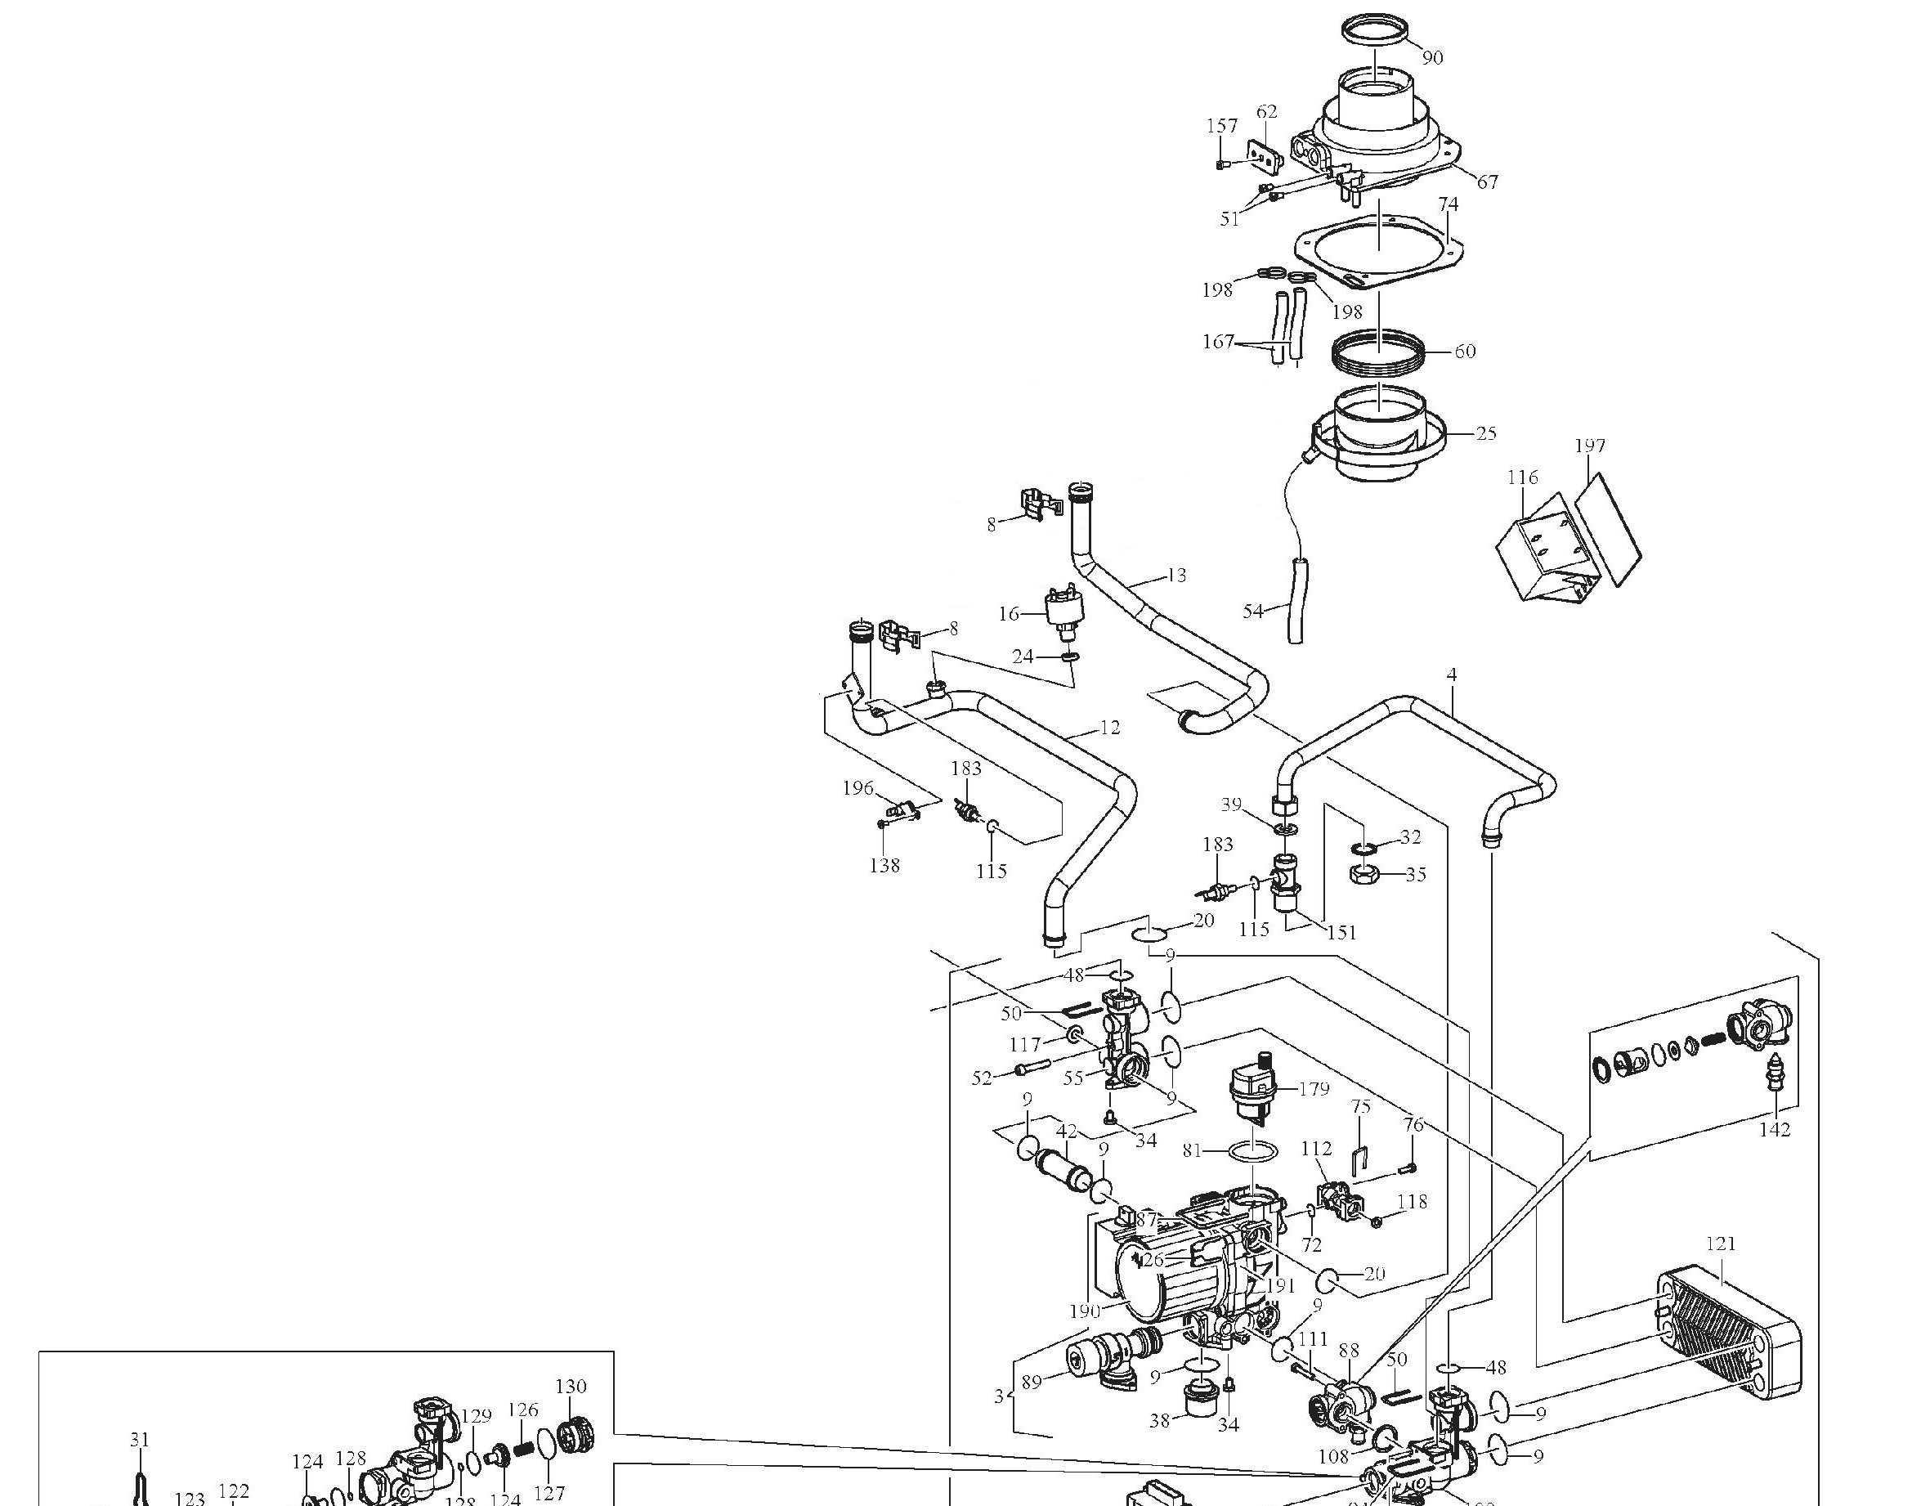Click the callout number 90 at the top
coord(1433,57)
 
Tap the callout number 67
coord(1487,182)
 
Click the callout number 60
coord(1464,351)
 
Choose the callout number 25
coord(1485,433)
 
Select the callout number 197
coord(1589,446)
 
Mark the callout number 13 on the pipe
coord(1176,575)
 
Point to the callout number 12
coord(1110,728)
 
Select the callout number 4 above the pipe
coord(1451,675)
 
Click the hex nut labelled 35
coord(1364,875)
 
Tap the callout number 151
coord(1341,932)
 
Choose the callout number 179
coord(1314,1089)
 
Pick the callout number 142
coord(1775,1130)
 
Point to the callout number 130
coord(571,1386)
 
